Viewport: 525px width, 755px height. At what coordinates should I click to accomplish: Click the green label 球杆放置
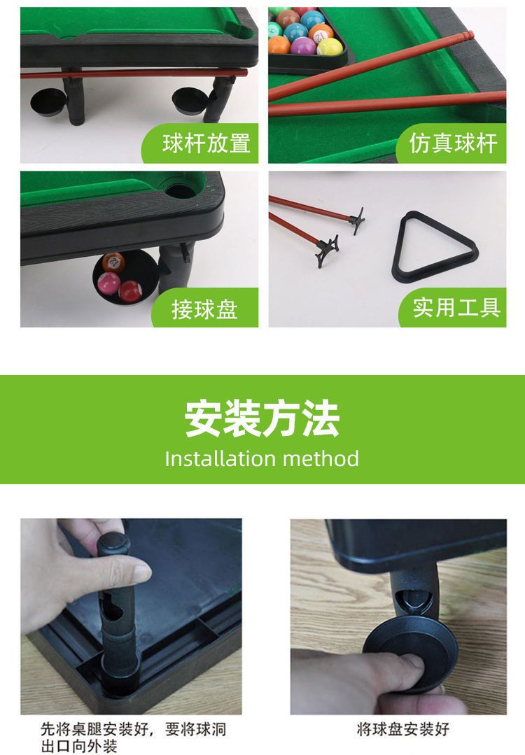point(206,143)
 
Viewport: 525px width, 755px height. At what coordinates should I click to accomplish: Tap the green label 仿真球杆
point(453,143)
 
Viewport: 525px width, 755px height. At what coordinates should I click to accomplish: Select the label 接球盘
point(204,309)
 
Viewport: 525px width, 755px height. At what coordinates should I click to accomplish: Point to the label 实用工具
point(456,307)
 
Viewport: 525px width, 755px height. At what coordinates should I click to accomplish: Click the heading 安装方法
point(262,418)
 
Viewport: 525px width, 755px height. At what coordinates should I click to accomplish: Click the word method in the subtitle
point(321,458)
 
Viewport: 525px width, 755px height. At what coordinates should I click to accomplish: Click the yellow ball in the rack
point(330,47)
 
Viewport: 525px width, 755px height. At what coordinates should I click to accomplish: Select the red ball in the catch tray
point(130,291)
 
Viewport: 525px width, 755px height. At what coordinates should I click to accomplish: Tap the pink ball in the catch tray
point(109,283)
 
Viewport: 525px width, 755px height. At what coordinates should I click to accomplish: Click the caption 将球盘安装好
point(403,729)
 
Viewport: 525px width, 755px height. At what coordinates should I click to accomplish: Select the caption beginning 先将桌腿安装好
point(133,738)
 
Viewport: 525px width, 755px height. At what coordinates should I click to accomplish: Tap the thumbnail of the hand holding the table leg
point(131,616)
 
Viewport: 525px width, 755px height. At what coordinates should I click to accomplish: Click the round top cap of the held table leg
point(113,542)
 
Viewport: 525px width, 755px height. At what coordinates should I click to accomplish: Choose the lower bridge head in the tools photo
point(327,251)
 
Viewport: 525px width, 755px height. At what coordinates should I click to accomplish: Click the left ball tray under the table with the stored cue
point(48,103)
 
